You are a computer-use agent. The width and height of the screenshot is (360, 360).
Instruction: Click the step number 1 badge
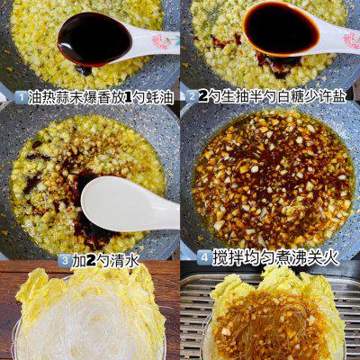tap(21, 98)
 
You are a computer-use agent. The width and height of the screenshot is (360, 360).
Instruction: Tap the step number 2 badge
tap(192, 97)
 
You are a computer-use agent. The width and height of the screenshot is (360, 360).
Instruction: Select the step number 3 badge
tap(65, 261)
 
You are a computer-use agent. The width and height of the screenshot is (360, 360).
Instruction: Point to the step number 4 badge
tap(204, 257)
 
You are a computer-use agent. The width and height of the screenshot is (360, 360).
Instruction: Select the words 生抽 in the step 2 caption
tap(236, 97)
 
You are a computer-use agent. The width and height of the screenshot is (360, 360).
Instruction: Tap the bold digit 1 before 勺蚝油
tap(128, 98)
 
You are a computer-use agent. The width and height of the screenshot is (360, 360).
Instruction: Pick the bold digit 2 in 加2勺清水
tap(91, 261)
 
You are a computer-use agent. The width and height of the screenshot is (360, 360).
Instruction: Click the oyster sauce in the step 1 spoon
tap(94, 39)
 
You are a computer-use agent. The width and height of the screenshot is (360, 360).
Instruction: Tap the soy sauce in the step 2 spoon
tap(281, 28)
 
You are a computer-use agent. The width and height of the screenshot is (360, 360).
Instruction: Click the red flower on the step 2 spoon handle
tap(352, 40)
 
